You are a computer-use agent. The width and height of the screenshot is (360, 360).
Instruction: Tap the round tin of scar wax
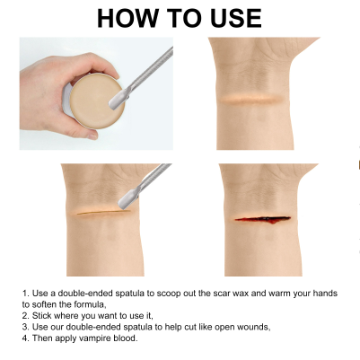coord(94,101)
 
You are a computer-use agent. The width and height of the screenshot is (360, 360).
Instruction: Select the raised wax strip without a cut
coord(251,100)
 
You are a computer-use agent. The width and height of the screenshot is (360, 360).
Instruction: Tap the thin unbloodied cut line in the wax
coord(103,213)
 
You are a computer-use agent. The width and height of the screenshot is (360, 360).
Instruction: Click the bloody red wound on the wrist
coord(263,219)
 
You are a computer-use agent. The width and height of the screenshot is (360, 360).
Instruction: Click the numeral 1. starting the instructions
coord(25,293)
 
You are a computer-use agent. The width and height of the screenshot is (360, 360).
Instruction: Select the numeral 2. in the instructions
coord(25,316)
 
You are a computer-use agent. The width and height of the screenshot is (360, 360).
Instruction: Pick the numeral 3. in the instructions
coord(25,327)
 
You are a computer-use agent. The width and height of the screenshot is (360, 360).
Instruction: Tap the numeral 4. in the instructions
coord(25,338)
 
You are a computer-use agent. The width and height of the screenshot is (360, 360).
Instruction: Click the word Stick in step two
coord(41,316)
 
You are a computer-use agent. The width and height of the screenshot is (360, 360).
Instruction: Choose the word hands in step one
coord(325,293)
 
